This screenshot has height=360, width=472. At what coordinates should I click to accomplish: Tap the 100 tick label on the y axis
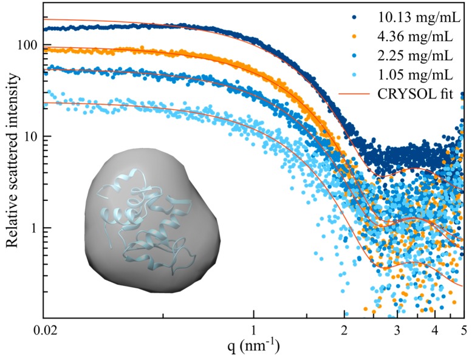tap(28, 46)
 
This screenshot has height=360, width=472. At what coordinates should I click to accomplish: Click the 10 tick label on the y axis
tap(31, 137)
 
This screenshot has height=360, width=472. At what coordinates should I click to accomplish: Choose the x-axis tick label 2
tap(345, 331)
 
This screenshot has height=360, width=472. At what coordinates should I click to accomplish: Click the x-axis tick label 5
tap(463, 331)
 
